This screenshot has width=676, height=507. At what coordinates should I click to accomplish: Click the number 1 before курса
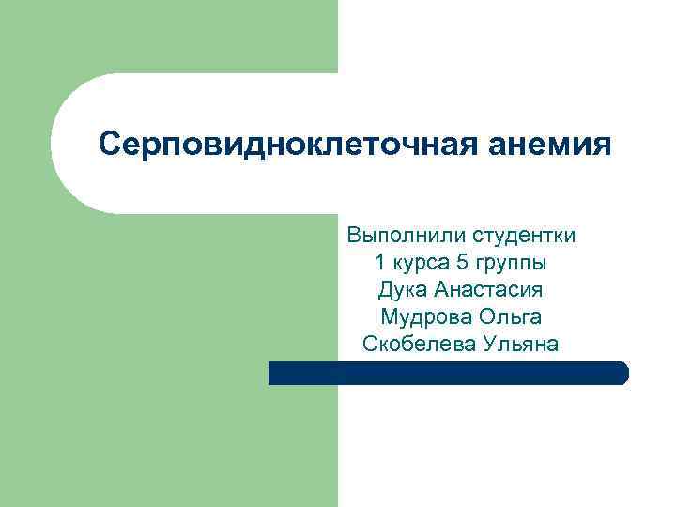tap(380, 262)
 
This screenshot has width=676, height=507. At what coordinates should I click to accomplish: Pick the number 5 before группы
tap(460, 262)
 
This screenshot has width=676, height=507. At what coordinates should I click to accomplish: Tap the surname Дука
tap(402, 290)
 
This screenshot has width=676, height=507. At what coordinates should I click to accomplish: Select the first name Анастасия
tap(488, 290)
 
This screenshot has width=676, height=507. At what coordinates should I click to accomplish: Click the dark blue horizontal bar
tap(441, 374)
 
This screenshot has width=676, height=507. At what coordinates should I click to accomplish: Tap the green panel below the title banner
tap(169, 357)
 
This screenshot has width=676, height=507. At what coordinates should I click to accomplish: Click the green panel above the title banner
tap(169, 38)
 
